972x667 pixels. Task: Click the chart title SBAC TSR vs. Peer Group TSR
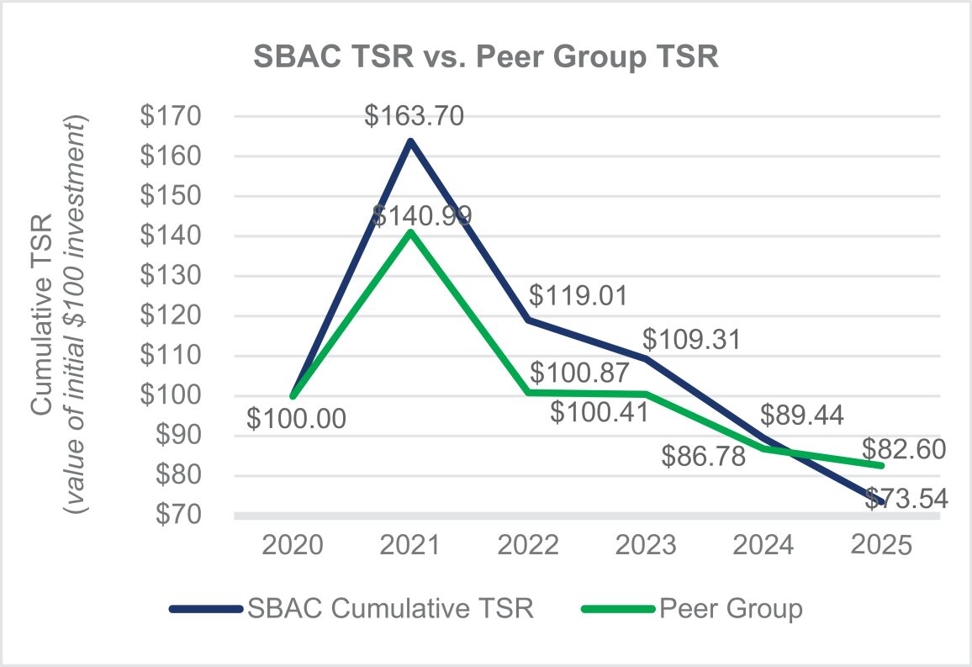[x=486, y=56]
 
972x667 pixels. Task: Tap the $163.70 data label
[x=414, y=116]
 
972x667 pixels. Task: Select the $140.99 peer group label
[x=422, y=215]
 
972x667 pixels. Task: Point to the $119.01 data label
[x=578, y=296]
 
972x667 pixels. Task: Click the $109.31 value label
[x=691, y=340]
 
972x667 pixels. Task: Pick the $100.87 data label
[x=579, y=373]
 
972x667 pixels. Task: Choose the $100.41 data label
[x=600, y=412]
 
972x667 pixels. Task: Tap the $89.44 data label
[x=802, y=415]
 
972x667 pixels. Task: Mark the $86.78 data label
[x=704, y=456]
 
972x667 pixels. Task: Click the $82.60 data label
[x=904, y=449]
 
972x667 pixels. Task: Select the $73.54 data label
[x=906, y=499]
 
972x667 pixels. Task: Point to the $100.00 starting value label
[x=296, y=418]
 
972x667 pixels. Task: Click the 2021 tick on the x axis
[x=409, y=546]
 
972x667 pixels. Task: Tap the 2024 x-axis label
[x=763, y=546]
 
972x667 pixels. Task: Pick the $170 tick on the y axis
[x=171, y=116]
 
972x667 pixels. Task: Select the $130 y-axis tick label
[x=171, y=275]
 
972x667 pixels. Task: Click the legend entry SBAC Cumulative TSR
[x=351, y=609]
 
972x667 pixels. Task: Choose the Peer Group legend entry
[x=692, y=609]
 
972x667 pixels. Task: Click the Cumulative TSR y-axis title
[x=41, y=315]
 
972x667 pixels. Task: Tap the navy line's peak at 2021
[x=410, y=141]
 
